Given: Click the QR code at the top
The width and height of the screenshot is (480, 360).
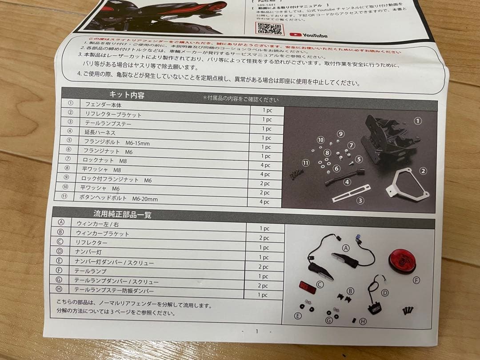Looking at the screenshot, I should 269,28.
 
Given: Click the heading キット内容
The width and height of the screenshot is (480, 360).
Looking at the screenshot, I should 127,95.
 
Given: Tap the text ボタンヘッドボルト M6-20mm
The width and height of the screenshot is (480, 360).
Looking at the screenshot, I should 118,198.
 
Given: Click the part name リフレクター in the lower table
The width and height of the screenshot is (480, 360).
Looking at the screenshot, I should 92,243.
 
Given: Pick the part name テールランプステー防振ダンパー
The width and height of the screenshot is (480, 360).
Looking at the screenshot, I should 113,291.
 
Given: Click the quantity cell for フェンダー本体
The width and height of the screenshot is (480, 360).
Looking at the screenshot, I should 267,110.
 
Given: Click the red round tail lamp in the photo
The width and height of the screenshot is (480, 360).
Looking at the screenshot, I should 402,261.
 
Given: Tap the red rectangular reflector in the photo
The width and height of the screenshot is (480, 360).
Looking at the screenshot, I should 308,287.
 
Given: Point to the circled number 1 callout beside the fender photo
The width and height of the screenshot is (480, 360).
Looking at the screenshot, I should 417,121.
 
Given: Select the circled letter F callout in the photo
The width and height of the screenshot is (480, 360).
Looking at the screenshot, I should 416,280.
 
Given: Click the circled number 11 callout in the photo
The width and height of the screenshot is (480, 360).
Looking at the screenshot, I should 306,163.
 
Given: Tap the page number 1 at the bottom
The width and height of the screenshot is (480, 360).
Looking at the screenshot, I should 256,331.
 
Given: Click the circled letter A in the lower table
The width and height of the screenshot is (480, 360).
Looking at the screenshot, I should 61,223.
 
